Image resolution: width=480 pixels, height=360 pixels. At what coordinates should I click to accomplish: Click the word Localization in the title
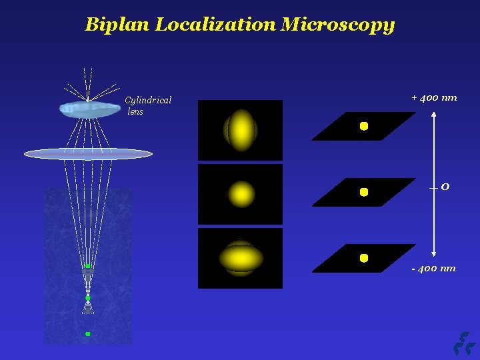coord(215,25)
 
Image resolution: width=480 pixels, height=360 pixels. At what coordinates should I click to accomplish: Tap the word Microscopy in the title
coord(338,26)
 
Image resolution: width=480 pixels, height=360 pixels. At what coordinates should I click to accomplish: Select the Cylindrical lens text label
coord(147,105)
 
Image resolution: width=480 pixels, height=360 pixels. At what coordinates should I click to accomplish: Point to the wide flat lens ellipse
coord(88,154)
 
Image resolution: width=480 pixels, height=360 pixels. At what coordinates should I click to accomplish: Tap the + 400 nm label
coord(434,97)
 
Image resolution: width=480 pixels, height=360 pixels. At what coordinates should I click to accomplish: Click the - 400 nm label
coord(433,268)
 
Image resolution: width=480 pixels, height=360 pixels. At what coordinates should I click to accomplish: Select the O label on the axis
coord(445,187)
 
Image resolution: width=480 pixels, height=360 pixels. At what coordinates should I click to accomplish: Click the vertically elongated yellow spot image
coord(241,130)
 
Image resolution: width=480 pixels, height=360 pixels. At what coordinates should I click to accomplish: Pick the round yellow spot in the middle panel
coord(241,194)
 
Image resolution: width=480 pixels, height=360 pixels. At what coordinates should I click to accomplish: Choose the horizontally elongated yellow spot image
coord(241,258)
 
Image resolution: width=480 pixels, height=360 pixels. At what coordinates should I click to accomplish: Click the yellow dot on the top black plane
coord(364,126)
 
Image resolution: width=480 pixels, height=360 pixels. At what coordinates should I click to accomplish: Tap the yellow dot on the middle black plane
coord(364,192)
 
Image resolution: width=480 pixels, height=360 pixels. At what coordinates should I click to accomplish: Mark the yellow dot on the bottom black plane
coord(364,257)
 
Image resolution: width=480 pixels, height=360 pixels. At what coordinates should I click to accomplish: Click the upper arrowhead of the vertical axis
coord(434,115)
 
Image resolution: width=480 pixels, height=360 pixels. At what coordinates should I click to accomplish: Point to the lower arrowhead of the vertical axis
coord(434,253)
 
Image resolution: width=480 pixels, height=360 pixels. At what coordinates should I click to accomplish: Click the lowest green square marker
coord(87,333)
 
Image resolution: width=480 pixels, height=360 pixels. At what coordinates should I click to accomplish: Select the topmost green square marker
coord(87,266)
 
